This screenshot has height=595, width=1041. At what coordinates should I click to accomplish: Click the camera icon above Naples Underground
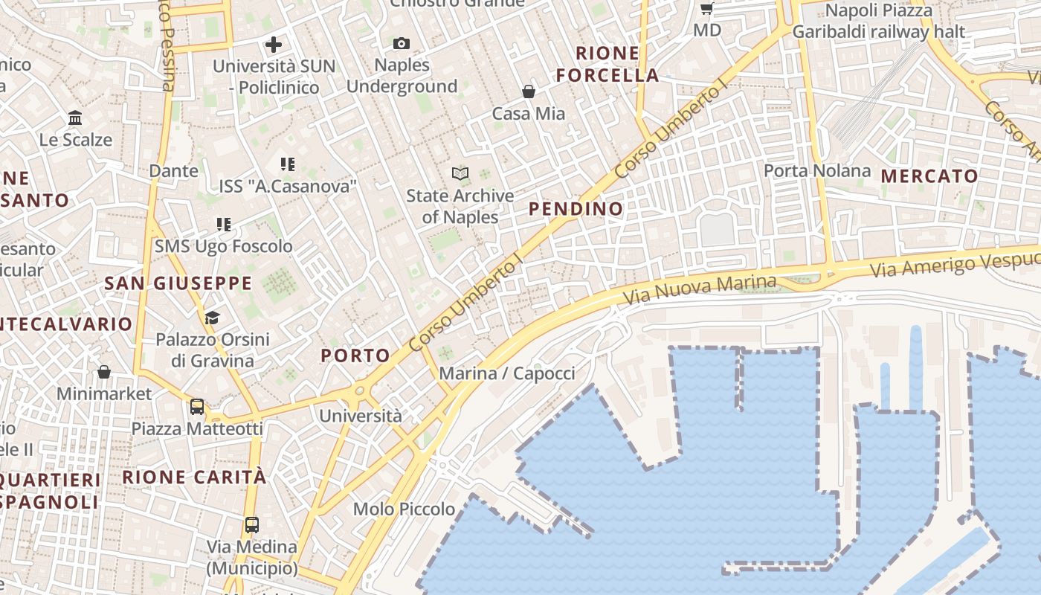tap(402, 44)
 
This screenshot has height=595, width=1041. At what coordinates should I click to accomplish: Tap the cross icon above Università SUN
tap(274, 45)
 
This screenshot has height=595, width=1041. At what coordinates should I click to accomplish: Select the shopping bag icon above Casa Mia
tap(528, 91)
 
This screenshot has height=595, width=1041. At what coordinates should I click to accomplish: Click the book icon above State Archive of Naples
tap(460, 174)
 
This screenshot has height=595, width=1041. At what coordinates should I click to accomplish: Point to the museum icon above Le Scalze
tap(75, 118)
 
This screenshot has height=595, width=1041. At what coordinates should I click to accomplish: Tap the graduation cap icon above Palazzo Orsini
tap(212, 318)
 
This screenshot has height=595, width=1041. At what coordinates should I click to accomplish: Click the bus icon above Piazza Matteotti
tap(197, 407)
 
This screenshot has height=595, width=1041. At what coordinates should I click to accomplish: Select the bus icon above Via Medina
tap(252, 525)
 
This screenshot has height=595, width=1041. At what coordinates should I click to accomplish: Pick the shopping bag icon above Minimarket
tap(104, 372)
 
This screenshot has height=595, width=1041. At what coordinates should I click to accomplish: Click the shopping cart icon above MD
tap(706, 9)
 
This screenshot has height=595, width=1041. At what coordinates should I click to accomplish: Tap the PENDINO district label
tap(576, 209)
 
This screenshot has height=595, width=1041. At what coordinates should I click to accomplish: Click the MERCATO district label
tap(929, 176)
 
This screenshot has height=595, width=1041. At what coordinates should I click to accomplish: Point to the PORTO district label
tap(355, 356)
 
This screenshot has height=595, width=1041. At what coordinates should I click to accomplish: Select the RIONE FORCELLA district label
tap(607, 64)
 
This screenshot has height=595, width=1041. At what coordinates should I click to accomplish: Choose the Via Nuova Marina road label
tap(700, 289)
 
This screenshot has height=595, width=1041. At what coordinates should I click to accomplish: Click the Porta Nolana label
tap(817, 170)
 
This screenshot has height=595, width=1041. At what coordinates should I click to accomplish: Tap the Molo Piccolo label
tap(404, 509)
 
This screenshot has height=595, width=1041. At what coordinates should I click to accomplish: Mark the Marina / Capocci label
tap(507, 373)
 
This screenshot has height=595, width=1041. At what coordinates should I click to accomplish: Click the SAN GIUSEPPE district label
tap(178, 283)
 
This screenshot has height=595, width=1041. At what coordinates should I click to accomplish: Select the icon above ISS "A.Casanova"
tap(288, 164)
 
